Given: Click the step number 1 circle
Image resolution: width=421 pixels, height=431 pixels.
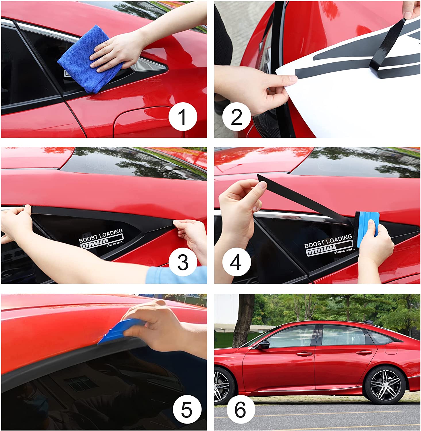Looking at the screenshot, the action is coord(183,117).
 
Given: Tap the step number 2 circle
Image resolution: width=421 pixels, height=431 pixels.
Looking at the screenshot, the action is coord(237,117).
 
